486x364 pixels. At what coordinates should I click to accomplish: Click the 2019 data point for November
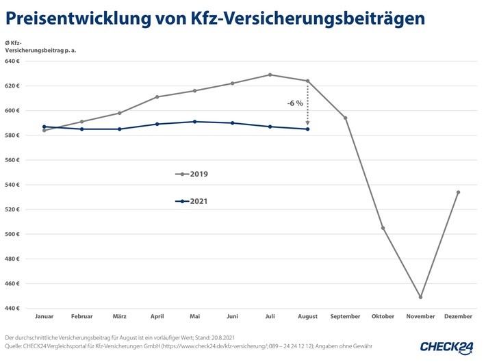420,297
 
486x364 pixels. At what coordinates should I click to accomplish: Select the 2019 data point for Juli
270,75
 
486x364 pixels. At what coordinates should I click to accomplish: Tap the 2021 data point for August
307,129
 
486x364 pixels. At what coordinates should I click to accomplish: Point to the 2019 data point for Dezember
458,192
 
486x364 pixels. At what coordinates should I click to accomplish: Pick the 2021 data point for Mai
194,122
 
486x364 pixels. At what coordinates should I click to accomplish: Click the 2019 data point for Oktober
383,228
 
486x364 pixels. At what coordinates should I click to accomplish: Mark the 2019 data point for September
345,118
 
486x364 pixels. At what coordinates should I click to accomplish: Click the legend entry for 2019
192,174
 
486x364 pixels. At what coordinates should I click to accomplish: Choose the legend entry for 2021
192,201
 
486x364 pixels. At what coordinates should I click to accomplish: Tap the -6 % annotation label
294,103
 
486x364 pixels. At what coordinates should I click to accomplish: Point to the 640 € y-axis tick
14,61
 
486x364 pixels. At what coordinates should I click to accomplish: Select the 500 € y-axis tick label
14,234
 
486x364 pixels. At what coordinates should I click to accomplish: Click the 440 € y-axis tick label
14,308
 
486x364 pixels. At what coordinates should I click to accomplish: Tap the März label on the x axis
119,317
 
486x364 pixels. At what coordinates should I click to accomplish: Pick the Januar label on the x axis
44,317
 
